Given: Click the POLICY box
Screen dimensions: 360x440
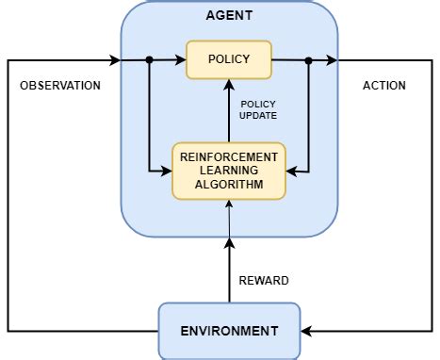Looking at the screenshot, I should coord(229,59).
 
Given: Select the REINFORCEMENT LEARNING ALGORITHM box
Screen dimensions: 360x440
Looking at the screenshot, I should coord(229,171).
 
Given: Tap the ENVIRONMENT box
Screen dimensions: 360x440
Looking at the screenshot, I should coord(229,331).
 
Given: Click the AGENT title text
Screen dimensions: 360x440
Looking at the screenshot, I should coord(229,16).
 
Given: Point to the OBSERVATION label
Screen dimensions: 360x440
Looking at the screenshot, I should coord(60,86).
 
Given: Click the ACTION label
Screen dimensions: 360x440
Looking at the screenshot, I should coord(384,86).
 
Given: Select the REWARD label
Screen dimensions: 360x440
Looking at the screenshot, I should coord(264,280).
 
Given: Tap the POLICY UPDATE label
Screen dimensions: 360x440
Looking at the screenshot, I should coord(258,110).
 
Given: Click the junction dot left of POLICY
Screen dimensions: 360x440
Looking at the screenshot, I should coord(149,60).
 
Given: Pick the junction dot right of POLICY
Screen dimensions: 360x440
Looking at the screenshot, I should coord(309,60).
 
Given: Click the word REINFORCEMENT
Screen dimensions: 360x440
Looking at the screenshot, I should coord(229,156).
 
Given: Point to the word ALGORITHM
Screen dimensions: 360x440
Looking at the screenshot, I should coord(229,185).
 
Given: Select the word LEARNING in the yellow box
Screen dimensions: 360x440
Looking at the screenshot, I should coord(229,171).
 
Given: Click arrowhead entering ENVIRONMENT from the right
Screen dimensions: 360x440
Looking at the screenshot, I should coord(306,331).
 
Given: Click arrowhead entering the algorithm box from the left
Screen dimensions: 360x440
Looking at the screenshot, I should coord(167,171).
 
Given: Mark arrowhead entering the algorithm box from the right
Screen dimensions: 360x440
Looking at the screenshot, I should coord(292,171).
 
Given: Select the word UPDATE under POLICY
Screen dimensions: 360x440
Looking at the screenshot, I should coord(258,117).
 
